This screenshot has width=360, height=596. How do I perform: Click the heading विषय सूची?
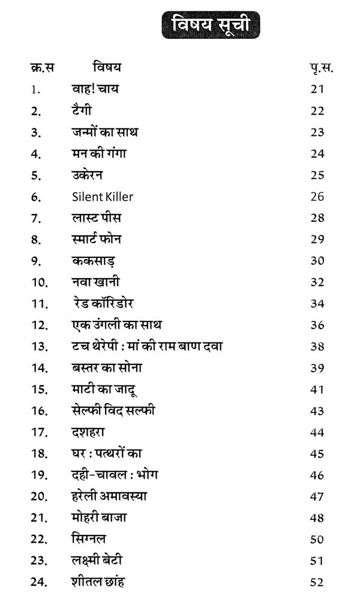(209, 25)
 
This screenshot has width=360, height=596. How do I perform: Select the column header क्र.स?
(41, 68)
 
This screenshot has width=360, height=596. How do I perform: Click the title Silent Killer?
(102, 196)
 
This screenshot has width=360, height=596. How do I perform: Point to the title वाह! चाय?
(94, 89)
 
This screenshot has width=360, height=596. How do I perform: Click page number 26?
(317, 197)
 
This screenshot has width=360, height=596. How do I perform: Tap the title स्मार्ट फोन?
(96, 239)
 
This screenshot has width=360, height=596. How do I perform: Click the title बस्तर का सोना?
(106, 368)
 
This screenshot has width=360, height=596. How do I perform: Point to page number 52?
(317, 582)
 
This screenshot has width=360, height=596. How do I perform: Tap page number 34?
(317, 303)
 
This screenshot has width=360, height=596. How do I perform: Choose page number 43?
(317, 411)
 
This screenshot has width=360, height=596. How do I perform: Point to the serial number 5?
(37, 175)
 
